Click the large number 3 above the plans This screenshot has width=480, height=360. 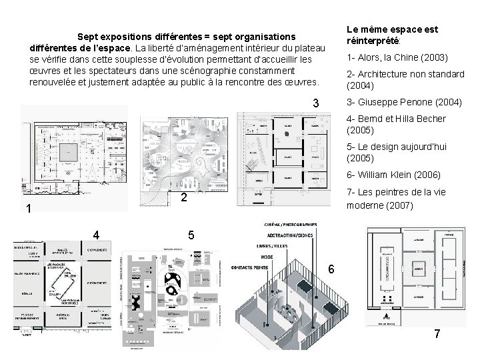317,105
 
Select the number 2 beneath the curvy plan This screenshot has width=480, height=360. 184,197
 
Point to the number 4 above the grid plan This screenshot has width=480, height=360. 97,235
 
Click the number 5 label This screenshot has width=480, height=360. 191,235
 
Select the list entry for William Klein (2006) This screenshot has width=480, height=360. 393,175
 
